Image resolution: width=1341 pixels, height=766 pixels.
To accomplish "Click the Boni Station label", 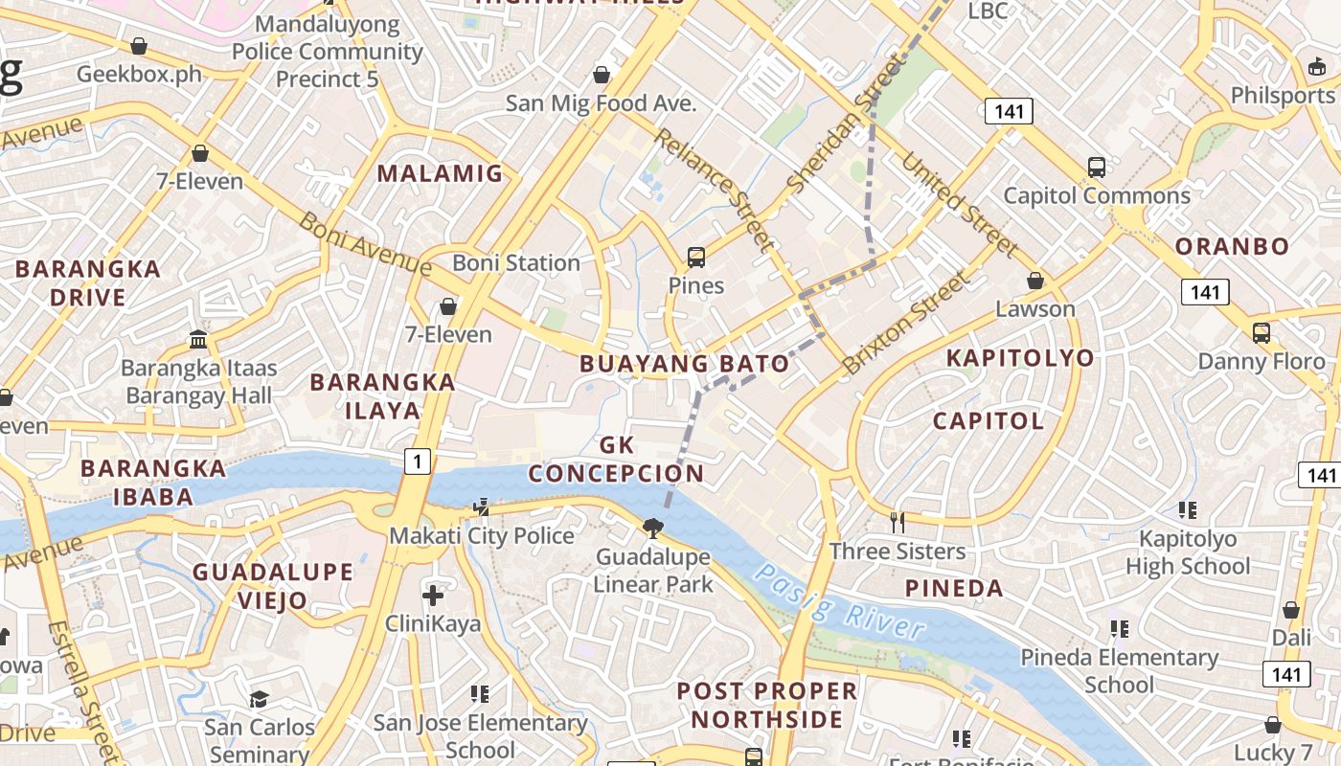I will click(x=516, y=262).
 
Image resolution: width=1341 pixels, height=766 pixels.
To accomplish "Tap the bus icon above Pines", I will click(x=696, y=257).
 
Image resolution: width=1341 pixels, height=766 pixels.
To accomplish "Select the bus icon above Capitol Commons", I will click(x=1097, y=168).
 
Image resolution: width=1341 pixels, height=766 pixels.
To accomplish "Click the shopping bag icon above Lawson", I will click(x=1035, y=281).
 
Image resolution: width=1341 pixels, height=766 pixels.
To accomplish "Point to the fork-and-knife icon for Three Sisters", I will click(x=898, y=522).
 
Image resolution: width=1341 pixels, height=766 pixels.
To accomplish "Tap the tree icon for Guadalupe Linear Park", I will click(x=653, y=528).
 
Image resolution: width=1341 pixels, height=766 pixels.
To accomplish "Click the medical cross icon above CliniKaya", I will click(x=433, y=596).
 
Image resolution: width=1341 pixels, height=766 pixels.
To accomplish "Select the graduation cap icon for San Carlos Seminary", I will click(x=259, y=699).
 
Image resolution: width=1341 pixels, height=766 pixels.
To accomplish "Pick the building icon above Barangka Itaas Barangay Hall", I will click(x=198, y=339).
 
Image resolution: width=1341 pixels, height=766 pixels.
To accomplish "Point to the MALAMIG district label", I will click(x=440, y=173).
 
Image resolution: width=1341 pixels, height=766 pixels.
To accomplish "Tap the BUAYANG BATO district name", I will click(x=685, y=364).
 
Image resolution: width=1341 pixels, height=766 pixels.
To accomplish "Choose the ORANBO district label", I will click(x=1232, y=246).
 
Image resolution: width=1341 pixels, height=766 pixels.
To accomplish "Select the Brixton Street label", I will click(x=906, y=323).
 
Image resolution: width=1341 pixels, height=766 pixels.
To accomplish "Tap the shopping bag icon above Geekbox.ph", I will click(x=139, y=46).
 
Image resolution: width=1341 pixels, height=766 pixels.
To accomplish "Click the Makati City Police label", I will click(x=482, y=535).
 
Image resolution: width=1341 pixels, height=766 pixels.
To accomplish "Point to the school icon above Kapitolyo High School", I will click(x=1188, y=509).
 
